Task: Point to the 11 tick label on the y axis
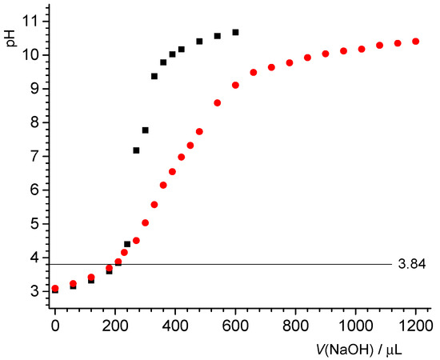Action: tap(30, 21)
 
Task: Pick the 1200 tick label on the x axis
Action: tap(415, 324)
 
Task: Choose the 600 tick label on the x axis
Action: tap(235, 324)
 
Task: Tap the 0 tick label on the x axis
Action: tap(54, 324)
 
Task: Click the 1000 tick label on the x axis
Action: tap(355, 324)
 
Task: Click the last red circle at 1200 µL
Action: tap(415, 41)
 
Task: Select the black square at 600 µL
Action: tap(235, 32)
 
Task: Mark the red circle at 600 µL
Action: tap(235, 85)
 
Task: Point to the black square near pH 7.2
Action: tap(136, 150)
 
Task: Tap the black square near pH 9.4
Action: tap(154, 76)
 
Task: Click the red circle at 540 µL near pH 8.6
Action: tap(217, 102)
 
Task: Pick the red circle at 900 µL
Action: tap(326, 54)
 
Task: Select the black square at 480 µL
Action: tap(199, 41)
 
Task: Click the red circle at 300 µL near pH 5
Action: tap(145, 222)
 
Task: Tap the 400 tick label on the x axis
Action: tap(175, 324)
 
